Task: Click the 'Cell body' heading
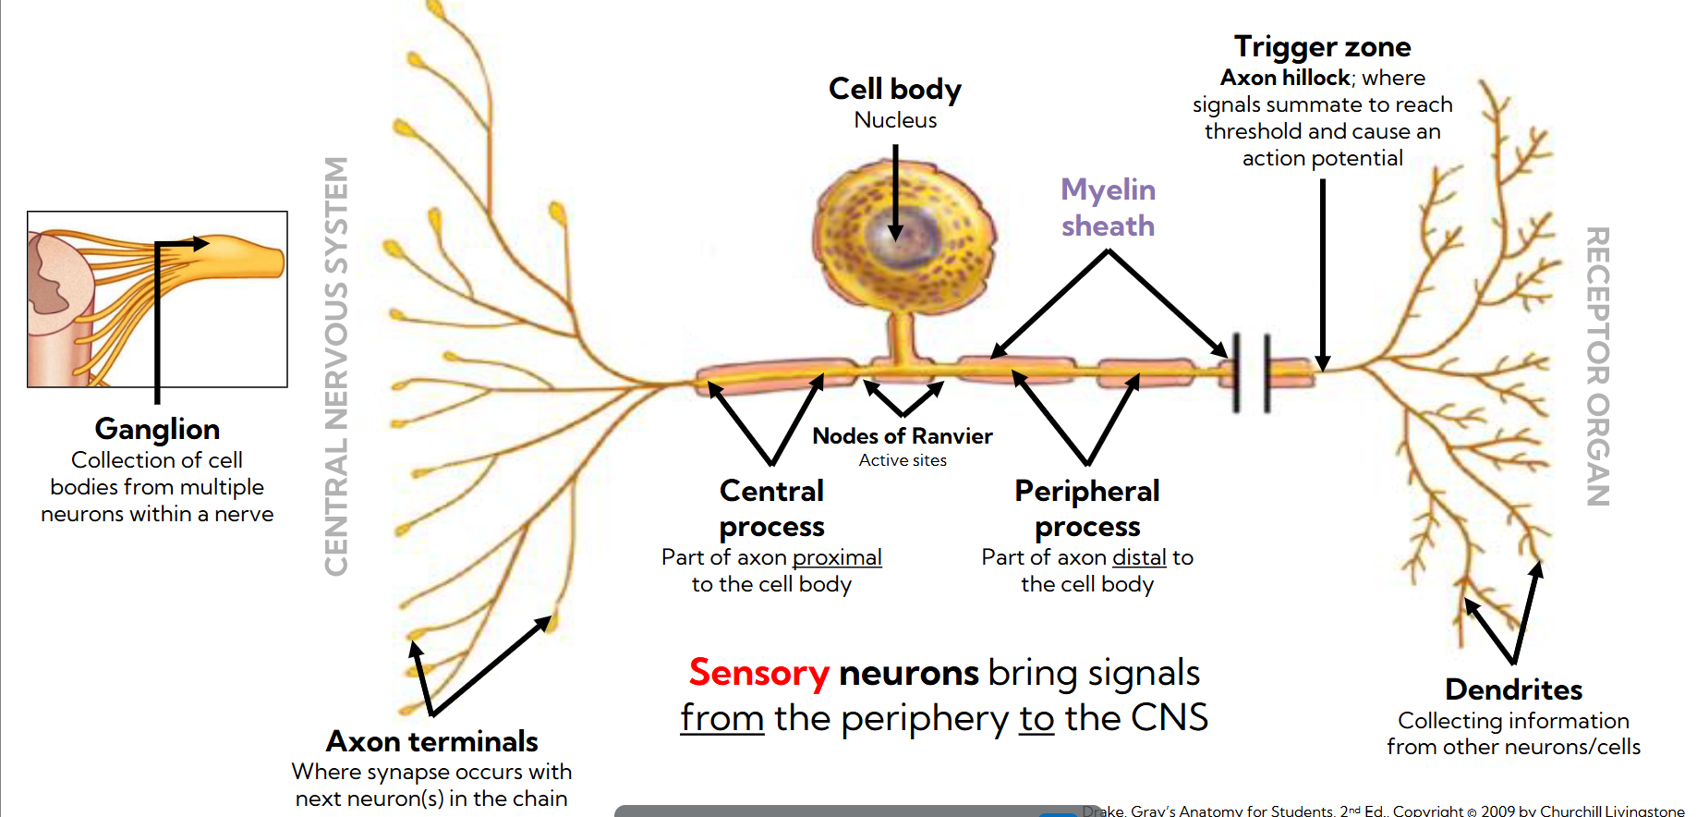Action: (894, 89)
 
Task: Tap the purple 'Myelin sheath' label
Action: (1108, 207)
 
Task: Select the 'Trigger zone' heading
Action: (1322, 46)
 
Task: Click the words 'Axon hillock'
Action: (1285, 78)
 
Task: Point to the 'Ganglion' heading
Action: (157, 429)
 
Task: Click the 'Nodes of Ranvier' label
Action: (902, 436)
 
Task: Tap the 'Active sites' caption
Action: (903, 460)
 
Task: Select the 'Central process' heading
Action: (771, 507)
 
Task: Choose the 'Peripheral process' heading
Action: (1086, 507)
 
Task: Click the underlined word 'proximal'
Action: (837, 557)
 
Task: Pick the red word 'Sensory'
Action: (758, 673)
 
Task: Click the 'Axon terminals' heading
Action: (431, 741)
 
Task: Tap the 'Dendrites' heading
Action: (1513, 689)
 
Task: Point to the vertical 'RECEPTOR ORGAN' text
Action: (1597, 366)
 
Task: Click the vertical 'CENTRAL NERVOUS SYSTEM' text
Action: (336, 366)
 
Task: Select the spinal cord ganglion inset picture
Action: (157, 299)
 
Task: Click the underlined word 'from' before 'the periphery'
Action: (721, 718)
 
